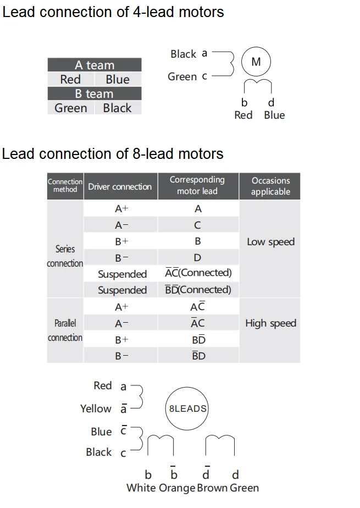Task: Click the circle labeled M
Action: pos(256,62)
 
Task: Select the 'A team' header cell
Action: pos(95,65)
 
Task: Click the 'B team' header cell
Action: pos(95,93)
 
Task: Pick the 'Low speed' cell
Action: pos(270,242)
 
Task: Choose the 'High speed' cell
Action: pos(270,323)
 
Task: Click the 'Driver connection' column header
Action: pos(120,186)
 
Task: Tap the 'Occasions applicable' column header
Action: pos(270,186)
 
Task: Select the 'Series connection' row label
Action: pos(65,256)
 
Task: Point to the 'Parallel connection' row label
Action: pos(65,330)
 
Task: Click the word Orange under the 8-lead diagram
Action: pos(177,488)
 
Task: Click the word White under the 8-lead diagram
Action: pos(141,488)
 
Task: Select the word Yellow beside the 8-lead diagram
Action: pos(96,408)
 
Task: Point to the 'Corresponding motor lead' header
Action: pos(197,186)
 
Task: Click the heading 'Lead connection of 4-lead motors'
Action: pos(113,12)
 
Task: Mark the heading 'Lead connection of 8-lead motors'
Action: pos(113,153)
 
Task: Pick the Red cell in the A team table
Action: pos(70,79)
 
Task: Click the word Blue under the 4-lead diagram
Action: pos(274,115)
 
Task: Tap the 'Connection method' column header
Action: pos(65,186)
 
